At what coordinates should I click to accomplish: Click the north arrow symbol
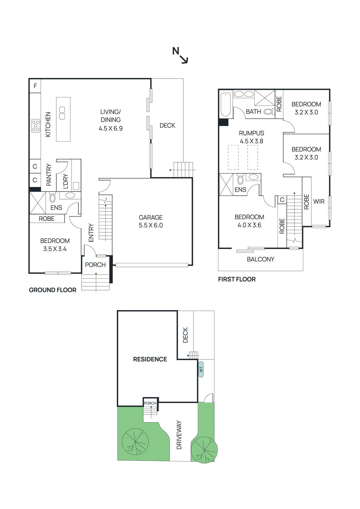pyautogui.click(x=180, y=55)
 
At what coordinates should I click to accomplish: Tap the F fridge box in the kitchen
pyautogui.click(x=35, y=86)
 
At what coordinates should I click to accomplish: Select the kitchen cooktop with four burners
pyautogui.click(x=36, y=126)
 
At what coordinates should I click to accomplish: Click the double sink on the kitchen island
pyautogui.click(x=62, y=113)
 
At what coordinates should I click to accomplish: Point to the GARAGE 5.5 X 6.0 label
pyautogui.click(x=151, y=221)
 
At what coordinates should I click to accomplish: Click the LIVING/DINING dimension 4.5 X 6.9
pyautogui.click(x=110, y=129)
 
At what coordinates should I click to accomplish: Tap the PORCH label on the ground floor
pyautogui.click(x=95, y=265)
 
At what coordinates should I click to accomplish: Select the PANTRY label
pyautogui.click(x=49, y=175)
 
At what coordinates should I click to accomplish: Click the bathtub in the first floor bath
pyautogui.click(x=226, y=104)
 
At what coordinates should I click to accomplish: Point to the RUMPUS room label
pyautogui.click(x=251, y=133)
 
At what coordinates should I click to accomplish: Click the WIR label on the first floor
pyautogui.click(x=319, y=201)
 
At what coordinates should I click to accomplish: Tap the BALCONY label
pyautogui.click(x=260, y=259)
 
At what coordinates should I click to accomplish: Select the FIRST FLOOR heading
pyautogui.click(x=236, y=279)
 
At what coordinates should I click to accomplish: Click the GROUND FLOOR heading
pyautogui.click(x=53, y=290)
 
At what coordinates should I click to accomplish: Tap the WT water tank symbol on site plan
pyautogui.click(x=201, y=369)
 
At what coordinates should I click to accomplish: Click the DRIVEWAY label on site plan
pyautogui.click(x=179, y=435)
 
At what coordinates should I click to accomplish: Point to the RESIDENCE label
pyautogui.click(x=150, y=359)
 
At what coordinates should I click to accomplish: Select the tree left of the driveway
pyautogui.click(x=135, y=442)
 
